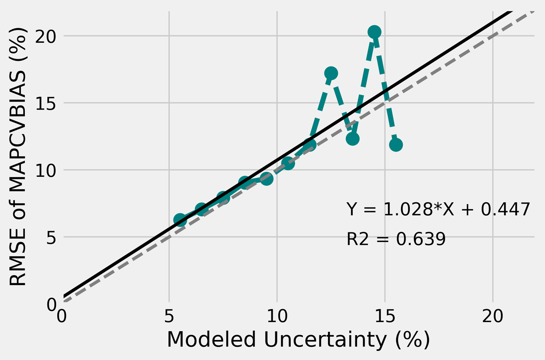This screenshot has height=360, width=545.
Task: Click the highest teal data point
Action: point(374,32)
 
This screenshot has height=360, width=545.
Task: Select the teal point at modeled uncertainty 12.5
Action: point(331,73)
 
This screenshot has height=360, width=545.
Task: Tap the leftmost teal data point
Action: point(180,220)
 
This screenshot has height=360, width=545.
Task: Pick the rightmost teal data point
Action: point(395,144)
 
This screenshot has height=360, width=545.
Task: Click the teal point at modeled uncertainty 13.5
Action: point(352,139)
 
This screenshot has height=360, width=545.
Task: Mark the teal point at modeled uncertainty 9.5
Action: point(266,179)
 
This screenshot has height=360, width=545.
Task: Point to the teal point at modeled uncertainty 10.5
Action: point(288,163)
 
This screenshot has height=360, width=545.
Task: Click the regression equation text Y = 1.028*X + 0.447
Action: point(438,209)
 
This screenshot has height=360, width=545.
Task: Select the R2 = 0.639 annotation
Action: point(396,239)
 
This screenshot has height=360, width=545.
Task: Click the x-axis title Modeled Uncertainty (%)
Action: point(298,340)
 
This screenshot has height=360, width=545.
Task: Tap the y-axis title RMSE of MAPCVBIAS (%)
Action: point(18,157)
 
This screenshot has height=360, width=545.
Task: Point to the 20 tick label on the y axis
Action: point(45,36)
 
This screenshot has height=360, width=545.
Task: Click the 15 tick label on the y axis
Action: point(45,103)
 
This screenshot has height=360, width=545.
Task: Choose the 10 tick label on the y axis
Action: point(45,170)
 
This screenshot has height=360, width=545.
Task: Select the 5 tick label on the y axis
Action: point(50,237)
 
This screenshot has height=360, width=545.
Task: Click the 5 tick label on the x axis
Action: point(169,317)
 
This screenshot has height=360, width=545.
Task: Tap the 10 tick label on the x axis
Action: point(277,317)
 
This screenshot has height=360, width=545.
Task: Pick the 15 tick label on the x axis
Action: point(385,317)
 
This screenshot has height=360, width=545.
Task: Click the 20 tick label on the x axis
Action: point(492,317)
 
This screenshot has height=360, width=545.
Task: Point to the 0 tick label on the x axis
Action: point(62,317)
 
